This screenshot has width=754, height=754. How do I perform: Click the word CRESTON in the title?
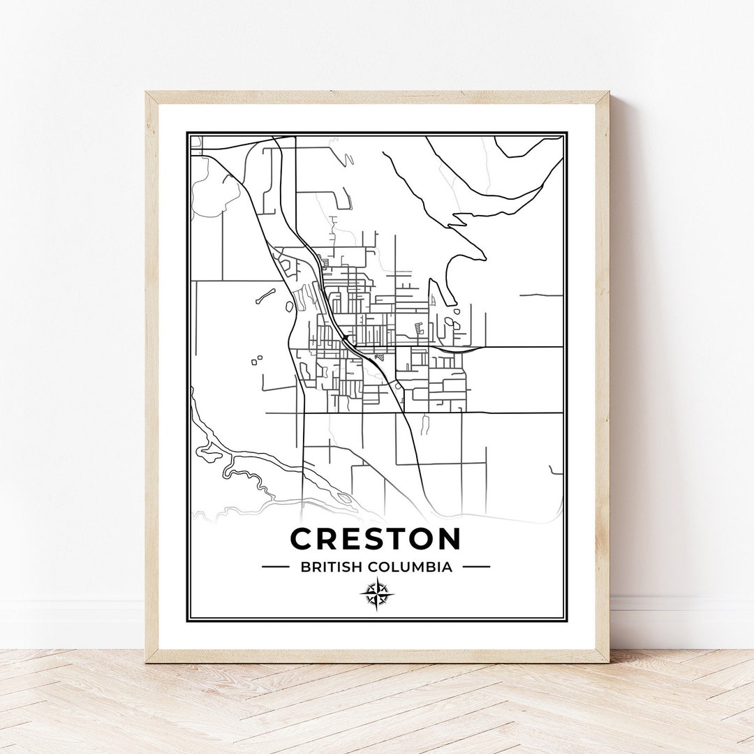[376, 539]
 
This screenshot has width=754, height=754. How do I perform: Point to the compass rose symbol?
[376, 595]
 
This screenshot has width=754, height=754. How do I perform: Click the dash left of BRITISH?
[275, 567]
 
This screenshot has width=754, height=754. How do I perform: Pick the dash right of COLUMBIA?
[476, 567]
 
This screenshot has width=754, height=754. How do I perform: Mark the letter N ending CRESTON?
[449, 539]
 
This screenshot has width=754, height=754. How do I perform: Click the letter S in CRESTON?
[372, 539]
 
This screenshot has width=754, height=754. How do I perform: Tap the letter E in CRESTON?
[350, 539]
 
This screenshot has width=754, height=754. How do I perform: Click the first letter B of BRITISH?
[305, 567]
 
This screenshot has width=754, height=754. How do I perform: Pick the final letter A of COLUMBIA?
[448, 567]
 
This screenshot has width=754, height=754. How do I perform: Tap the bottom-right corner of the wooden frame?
[607, 661]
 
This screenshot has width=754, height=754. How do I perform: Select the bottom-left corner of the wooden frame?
[147, 661]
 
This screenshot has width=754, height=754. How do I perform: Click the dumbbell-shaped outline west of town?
[265, 296]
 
